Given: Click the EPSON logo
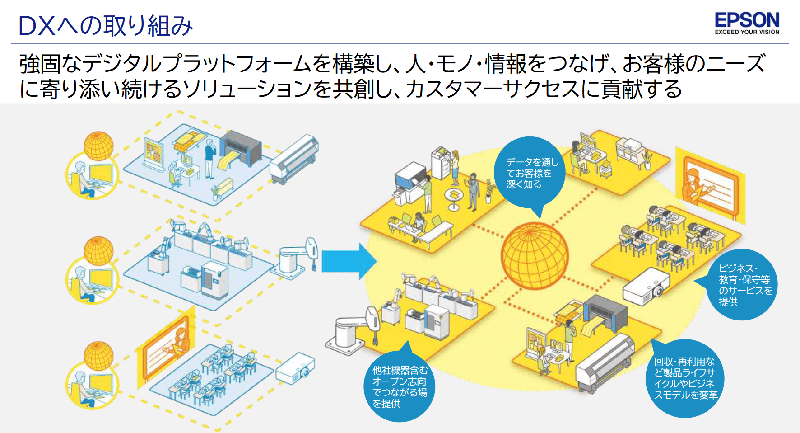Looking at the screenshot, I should click(x=747, y=20).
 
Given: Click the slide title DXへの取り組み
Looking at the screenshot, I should click(x=106, y=26).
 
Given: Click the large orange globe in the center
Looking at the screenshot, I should click(x=535, y=255).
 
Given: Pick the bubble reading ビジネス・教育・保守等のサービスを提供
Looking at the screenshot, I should click(x=741, y=285).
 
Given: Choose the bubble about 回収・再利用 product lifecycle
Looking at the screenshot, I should click(x=685, y=378).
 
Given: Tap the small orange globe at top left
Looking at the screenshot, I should click(x=98, y=146).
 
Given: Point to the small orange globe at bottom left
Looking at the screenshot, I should click(x=98, y=356).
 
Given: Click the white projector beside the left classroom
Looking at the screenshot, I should click(x=295, y=368).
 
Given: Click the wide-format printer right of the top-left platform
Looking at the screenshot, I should click(x=294, y=159).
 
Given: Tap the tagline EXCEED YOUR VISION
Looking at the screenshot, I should click(x=747, y=32).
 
